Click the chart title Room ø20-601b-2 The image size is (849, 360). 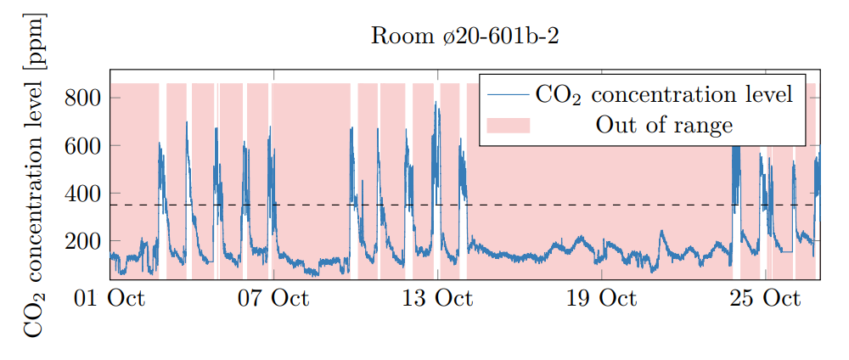coord(464,37)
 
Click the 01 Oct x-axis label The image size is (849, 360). coord(110,299)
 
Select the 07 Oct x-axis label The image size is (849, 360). coord(273,299)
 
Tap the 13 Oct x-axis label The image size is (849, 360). coord(436,299)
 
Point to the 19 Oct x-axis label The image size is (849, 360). coord(600,299)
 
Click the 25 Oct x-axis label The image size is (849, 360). coord(764,299)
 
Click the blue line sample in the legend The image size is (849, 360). coord(508,93)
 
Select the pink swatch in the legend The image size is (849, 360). coord(508,126)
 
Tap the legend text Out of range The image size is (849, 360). coord(664,126)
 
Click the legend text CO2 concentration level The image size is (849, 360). coord(664,93)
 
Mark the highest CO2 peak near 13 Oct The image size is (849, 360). coord(436,103)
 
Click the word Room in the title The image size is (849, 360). coord(393,37)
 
